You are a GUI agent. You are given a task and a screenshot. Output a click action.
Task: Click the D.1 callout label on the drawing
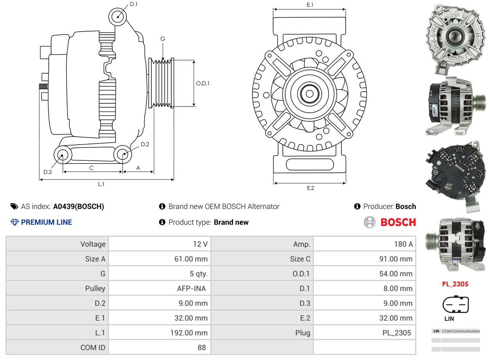(134, 4)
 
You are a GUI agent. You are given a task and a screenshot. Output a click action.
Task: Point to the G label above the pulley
(163, 39)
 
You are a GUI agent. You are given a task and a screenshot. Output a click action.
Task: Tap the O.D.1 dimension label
(203, 83)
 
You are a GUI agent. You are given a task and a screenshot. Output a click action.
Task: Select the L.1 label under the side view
(101, 184)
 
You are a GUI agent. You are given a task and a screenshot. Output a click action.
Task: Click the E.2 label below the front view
(311, 188)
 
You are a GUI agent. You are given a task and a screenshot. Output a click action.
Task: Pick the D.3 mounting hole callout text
(48, 172)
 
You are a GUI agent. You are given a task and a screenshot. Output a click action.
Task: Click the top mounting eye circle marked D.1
(117, 17)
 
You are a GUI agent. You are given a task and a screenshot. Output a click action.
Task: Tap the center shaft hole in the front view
(309, 94)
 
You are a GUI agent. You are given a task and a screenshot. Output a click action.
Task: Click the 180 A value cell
(403, 244)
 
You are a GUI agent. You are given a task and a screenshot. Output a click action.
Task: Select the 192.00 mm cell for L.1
(189, 333)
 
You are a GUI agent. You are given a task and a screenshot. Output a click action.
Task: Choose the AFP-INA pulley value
(192, 289)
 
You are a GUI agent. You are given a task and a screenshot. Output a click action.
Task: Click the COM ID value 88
(202, 348)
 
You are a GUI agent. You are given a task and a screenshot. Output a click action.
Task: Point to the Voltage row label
(93, 244)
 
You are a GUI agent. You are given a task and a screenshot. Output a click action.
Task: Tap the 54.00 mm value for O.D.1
(396, 274)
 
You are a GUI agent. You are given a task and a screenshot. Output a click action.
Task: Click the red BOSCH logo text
(398, 222)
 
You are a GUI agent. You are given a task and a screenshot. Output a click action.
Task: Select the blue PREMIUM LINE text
(46, 222)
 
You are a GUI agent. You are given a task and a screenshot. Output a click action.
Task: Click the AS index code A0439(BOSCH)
(78, 206)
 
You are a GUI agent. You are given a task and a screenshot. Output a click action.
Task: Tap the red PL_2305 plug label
(455, 284)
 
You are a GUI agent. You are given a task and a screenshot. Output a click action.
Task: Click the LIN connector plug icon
(455, 304)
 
